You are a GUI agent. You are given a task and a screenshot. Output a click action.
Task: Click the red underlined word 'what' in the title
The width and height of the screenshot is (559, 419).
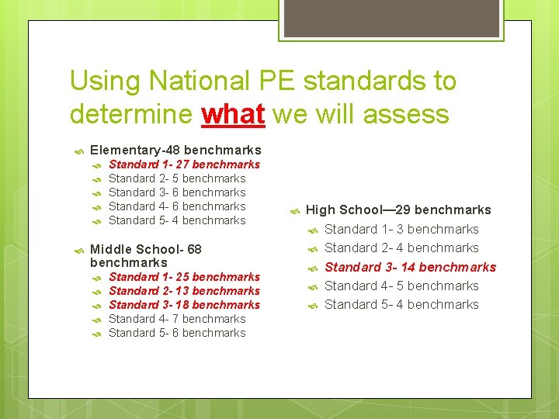(x=233, y=114)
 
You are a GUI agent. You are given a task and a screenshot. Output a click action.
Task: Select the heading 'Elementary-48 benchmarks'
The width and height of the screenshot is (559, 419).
(x=175, y=150)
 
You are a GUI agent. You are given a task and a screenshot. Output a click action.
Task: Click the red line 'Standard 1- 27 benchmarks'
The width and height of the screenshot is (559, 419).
(x=184, y=164)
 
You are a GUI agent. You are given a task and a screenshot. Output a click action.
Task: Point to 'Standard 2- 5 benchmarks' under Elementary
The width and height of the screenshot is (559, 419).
(x=177, y=178)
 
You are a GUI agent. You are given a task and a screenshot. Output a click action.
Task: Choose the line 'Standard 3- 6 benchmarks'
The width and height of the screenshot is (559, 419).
(x=177, y=192)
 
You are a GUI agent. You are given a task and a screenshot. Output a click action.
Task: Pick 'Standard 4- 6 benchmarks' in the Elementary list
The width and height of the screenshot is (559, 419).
(x=177, y=206)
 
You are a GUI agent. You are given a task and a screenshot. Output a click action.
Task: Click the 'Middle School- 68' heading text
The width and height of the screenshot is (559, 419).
(x=146, y=249)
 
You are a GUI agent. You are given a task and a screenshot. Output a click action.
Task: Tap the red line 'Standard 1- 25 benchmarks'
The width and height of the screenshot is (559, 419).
(x=184, y=277)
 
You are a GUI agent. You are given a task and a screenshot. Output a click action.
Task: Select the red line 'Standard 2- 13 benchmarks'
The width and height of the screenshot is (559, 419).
(x=184, y=291)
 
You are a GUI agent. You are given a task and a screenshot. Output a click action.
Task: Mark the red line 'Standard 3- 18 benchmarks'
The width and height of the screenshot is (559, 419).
(x=184, y=305)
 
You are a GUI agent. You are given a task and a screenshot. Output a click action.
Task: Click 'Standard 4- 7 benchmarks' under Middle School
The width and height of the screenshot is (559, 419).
(x=177, y=319)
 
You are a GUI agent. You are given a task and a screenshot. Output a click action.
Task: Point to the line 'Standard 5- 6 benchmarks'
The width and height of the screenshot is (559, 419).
(x=177, y=333)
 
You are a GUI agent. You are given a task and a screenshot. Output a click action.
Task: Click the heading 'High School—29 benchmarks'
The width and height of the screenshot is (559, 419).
(x=398, y=209)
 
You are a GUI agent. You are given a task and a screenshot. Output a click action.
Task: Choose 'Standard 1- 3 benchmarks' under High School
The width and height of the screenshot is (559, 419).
(x=401, y=229)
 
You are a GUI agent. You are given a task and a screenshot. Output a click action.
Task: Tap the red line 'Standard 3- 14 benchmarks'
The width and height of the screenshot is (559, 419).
(x=410, y=267)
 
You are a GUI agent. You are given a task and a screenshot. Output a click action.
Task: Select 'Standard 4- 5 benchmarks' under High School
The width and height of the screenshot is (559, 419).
(x=401, y=286)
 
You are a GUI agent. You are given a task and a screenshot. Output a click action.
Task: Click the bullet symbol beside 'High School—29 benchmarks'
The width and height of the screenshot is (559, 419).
(x=294, y=210)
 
